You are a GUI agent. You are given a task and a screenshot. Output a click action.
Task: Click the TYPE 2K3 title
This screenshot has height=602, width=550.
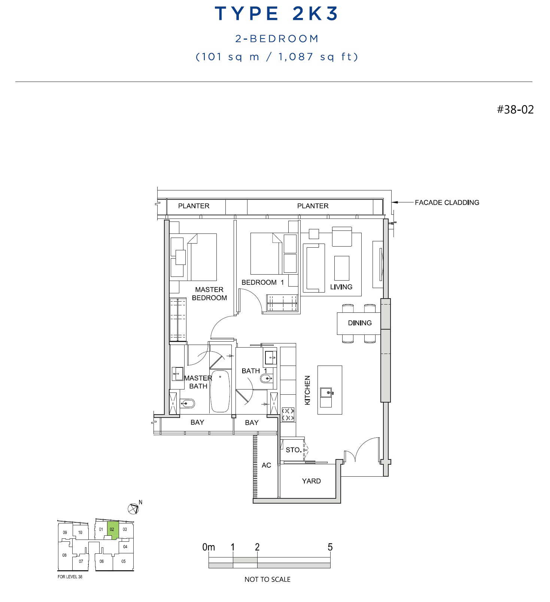(x=276, y=13)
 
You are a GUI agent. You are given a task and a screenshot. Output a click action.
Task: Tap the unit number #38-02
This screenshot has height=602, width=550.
(x=515, y=110)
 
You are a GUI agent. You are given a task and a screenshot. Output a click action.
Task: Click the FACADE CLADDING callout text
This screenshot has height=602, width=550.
(x=447, y=202)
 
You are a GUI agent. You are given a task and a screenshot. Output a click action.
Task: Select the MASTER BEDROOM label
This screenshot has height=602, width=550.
(x=209, y=294)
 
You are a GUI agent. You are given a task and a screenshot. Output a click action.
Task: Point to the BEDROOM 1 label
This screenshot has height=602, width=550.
(x=263, y=282)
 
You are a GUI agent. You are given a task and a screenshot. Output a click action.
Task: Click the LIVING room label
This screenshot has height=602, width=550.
(x=341, y=287)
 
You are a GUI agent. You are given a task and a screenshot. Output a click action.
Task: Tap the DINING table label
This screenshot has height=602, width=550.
(x=360, y=323)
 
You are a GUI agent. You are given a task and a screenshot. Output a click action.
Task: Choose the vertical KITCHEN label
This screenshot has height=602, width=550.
(x=307, y=390)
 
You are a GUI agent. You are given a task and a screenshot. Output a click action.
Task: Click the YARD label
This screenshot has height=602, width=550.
(x=312, y=481)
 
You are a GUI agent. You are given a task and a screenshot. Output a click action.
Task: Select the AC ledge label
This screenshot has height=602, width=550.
(x=266, y=465)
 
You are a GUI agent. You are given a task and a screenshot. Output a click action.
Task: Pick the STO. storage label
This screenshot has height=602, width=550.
(x=294, y=450)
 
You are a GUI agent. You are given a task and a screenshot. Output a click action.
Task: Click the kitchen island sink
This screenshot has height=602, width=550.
(x=326, y=393)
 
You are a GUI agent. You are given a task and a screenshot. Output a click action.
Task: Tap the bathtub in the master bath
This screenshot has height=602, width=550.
(x=220, y=391)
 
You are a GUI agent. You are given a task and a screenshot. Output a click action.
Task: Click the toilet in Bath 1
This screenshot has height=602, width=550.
(x=266, y=379)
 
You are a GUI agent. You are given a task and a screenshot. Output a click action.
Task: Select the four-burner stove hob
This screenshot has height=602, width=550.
(x=288, y=414)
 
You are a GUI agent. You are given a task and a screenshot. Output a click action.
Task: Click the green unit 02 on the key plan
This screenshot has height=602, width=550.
(x=113, y=529)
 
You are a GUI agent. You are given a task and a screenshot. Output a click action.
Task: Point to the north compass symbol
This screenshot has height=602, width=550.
(x=134, y=508)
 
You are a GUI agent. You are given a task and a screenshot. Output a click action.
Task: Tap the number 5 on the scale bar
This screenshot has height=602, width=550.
(x=330, y=547)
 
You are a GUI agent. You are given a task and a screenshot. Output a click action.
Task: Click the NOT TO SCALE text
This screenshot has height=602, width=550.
(x=267, y=580)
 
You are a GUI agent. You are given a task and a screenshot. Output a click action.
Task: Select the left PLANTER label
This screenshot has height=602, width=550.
(x=194, y=206)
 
